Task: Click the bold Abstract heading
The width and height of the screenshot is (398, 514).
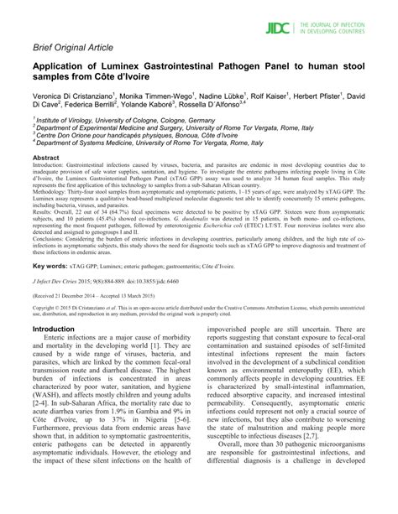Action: pos(45,157)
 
